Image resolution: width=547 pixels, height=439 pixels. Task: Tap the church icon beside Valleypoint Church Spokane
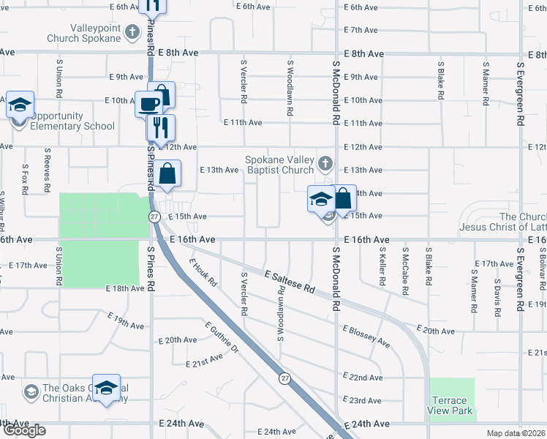tap(132, 31)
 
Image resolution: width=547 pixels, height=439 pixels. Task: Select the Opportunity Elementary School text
tap(73, 121)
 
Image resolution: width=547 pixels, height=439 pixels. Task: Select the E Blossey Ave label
tap(365, 337)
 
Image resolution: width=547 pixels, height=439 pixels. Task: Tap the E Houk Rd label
tap(203, 272)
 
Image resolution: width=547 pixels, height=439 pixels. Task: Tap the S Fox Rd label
tap(24, 179)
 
